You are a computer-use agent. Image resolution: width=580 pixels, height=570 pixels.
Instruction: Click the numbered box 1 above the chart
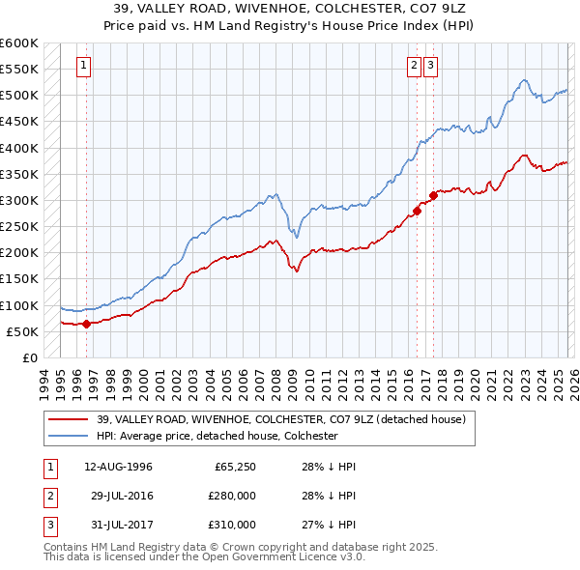click(x=85, y=66)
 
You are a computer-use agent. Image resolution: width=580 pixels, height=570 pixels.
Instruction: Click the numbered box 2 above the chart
click(x=414, y=66)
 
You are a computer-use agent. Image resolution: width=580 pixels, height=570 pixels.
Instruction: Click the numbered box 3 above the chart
click(x=430, y=66)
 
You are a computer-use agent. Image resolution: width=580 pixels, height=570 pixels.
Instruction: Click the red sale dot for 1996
click(x=86, y=324)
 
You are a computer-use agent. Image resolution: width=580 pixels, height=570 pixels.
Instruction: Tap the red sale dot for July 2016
click(x=417, y=211)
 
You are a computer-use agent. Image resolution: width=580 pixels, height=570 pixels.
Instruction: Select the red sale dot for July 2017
click(x=433, y=195)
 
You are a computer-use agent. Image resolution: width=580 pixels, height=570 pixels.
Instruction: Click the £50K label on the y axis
click(x=21, y=331)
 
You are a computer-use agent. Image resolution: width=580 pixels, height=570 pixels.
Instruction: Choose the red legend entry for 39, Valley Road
click(x=281, y=419)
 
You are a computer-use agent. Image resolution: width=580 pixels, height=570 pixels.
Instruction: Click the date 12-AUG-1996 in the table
click(x=118, y=467)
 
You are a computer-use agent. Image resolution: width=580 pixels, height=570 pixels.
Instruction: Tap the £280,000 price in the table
click(x=232, y=496)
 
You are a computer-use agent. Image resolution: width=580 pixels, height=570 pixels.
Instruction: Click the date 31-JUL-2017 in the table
click(x=118, y=525)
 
